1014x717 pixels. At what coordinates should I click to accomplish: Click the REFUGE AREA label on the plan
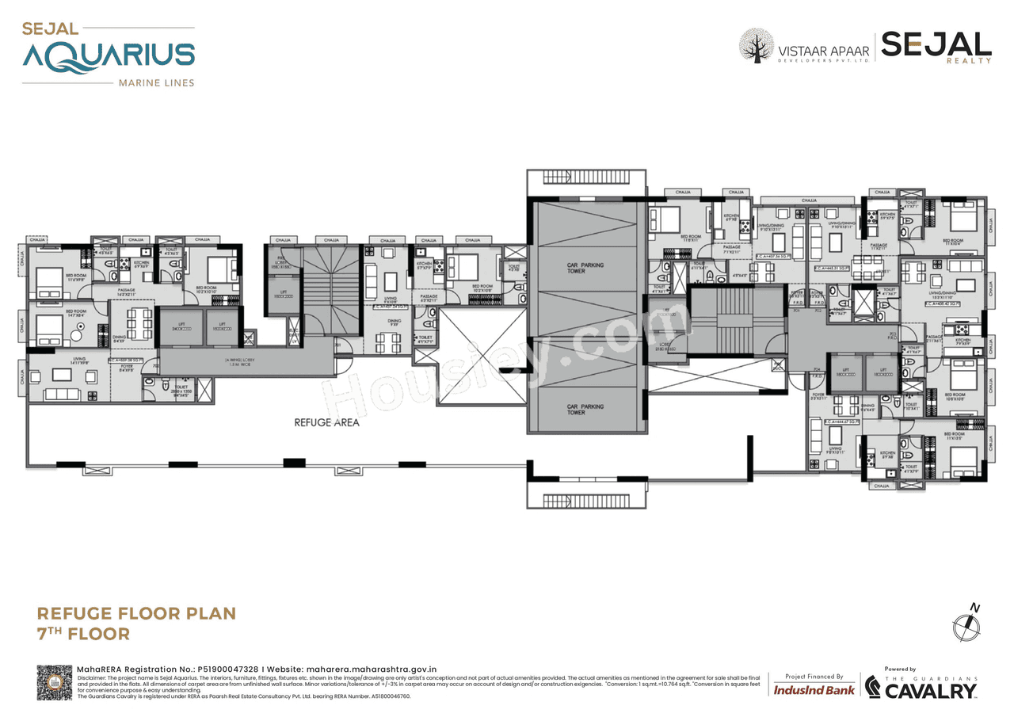[326, 422]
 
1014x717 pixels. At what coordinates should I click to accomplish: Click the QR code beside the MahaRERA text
[54, 682]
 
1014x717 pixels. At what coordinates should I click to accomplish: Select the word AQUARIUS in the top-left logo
[109, 55]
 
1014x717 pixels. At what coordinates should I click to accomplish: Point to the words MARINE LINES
[155, 82]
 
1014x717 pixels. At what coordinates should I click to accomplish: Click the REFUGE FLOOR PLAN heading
[136, 613]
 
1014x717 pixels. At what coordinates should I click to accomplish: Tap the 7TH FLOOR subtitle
[83, 634]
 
